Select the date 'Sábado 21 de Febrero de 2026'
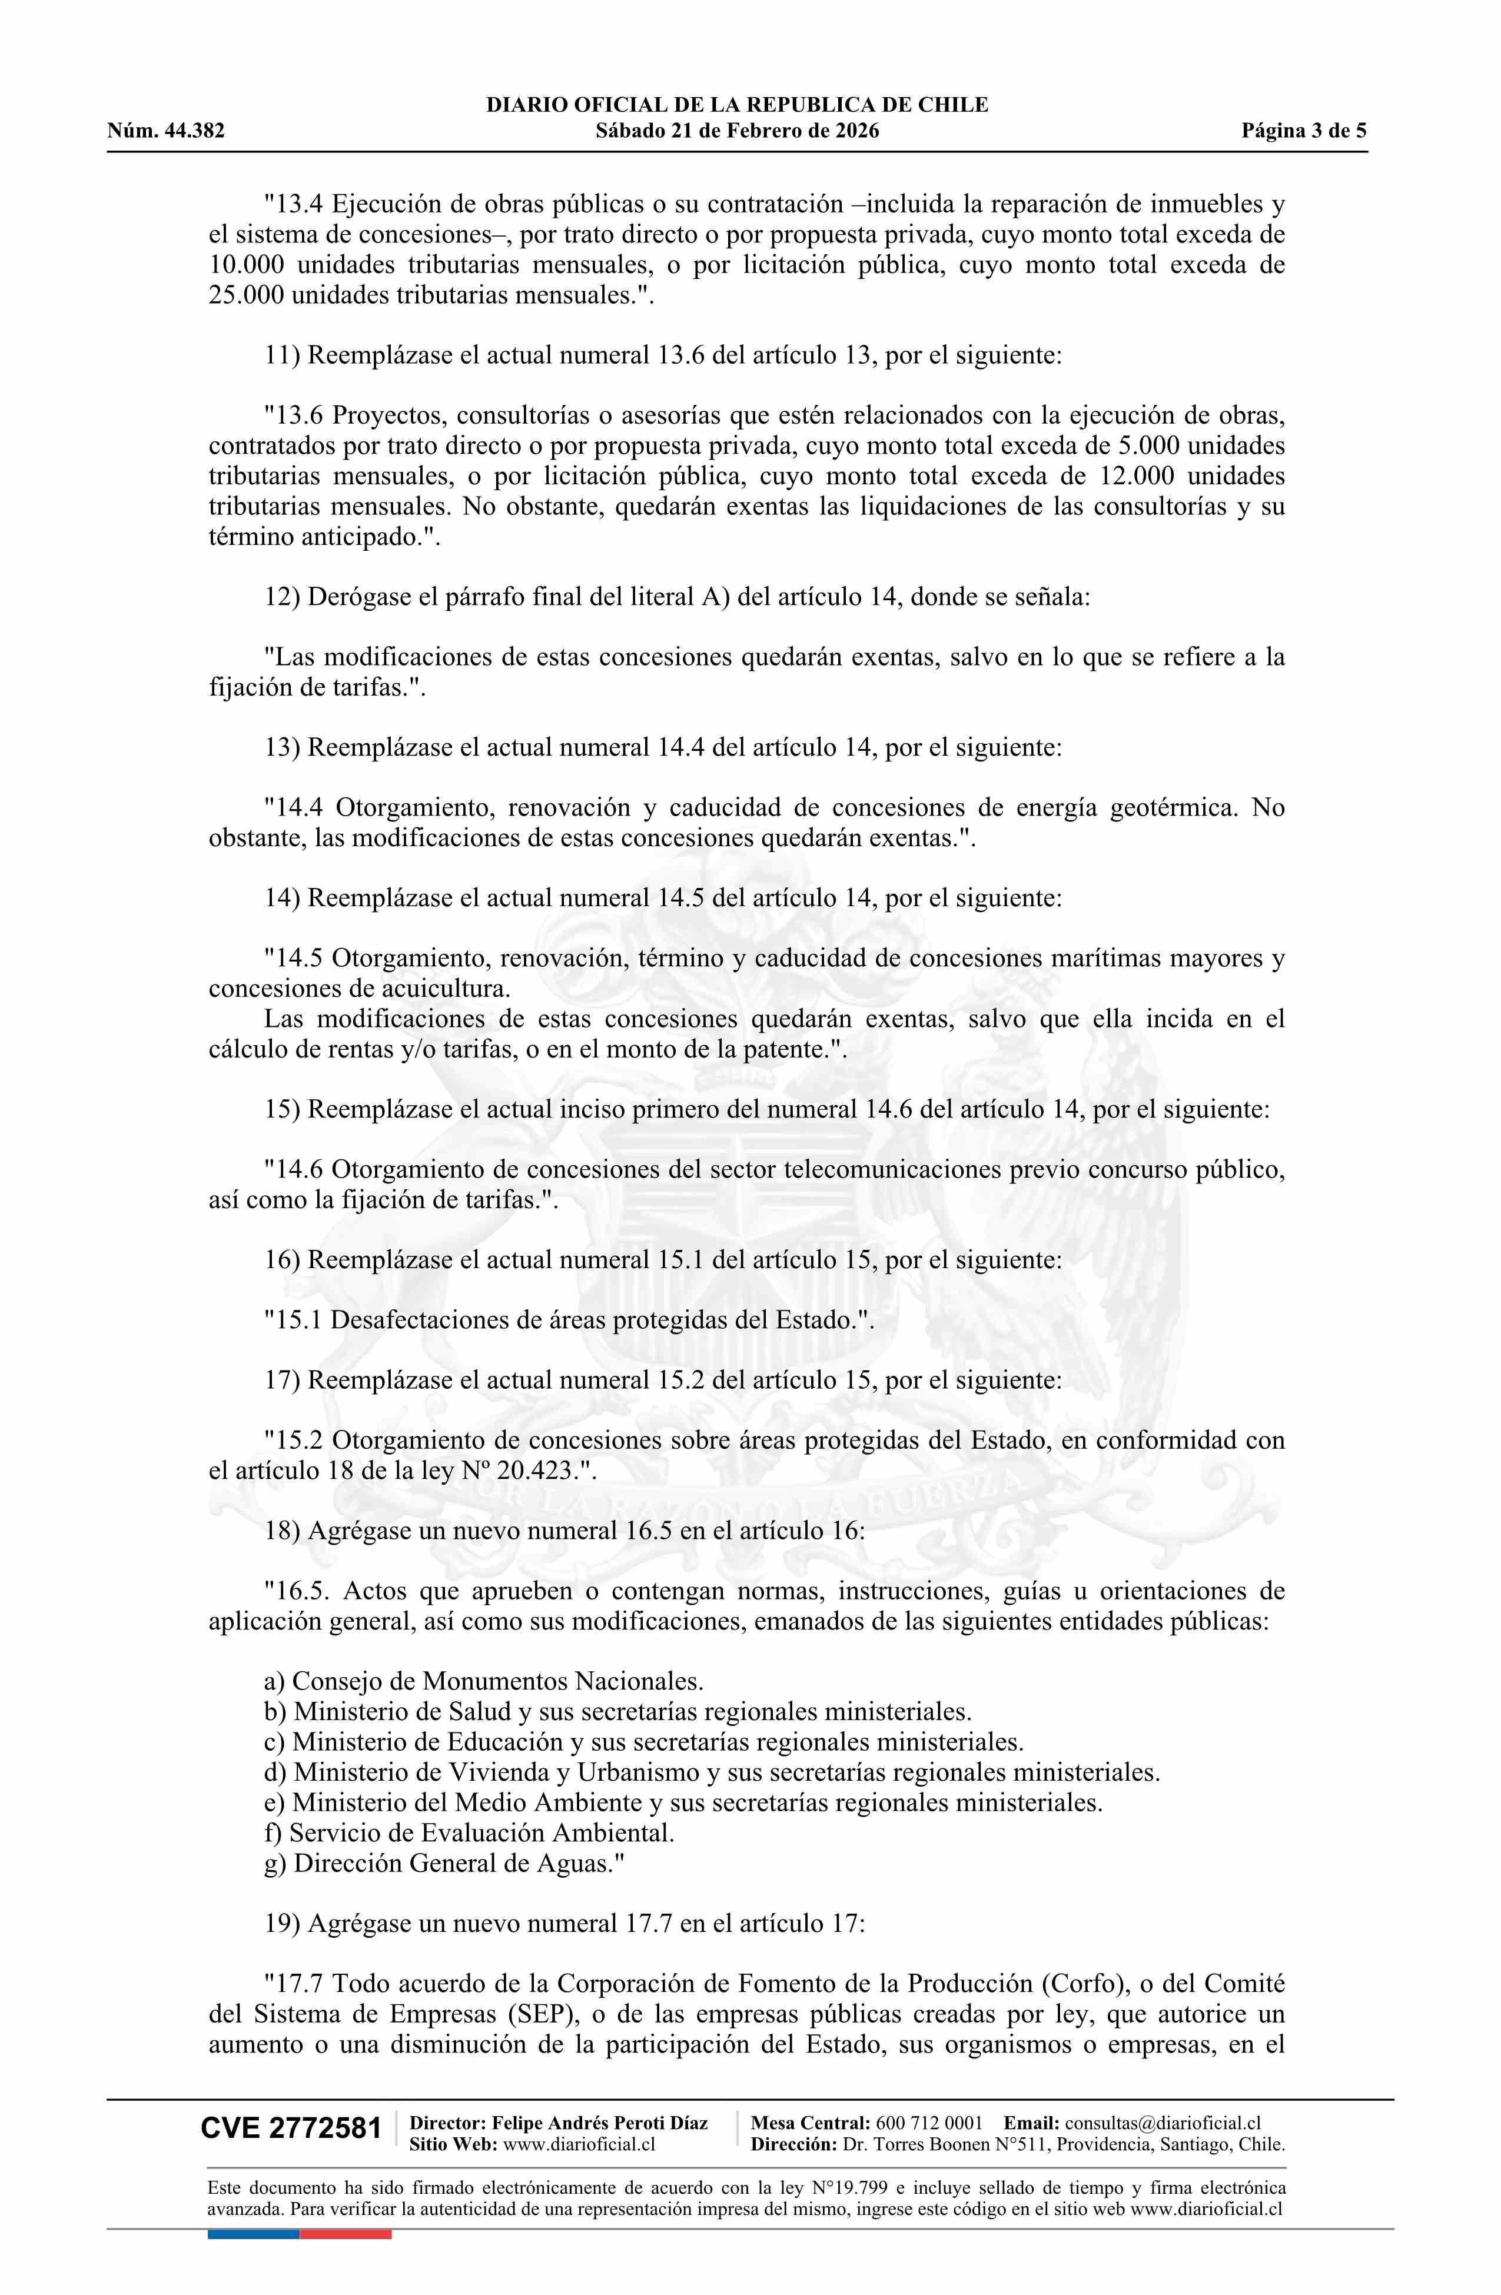tap(737, 131)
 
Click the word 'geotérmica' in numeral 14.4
tap(1172, 807)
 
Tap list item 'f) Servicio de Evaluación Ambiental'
tap(469, 1832)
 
